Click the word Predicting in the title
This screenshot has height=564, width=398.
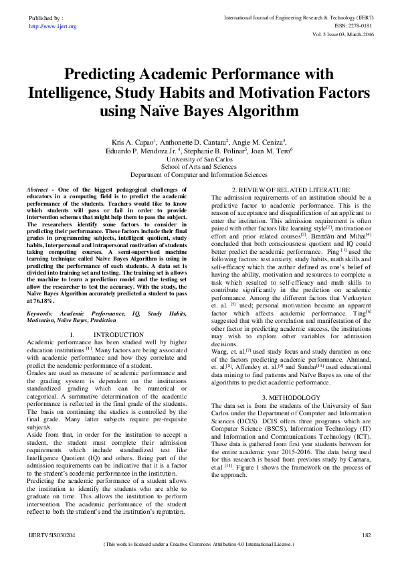coord(109,73)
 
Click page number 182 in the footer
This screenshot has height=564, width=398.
coord(366,535)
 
